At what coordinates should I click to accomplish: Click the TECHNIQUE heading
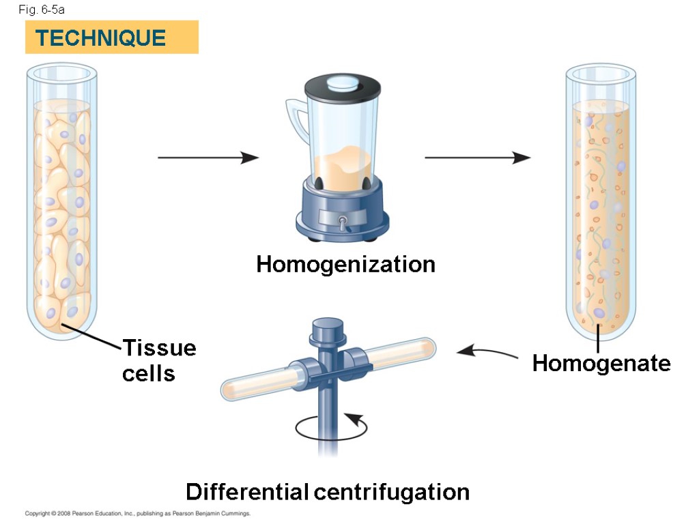[x=101, y=38]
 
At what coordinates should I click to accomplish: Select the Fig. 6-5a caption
[x=42, y=10]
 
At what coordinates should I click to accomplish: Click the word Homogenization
[x=345, y=264]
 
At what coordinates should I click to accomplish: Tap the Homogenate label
[x=601, y=363]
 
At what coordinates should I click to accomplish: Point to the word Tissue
[x=159, y=348]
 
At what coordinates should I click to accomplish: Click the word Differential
[x=246, y=492]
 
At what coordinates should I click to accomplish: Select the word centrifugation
[x=391, y=492]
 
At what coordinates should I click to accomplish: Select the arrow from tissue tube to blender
[x=208, y=158]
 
